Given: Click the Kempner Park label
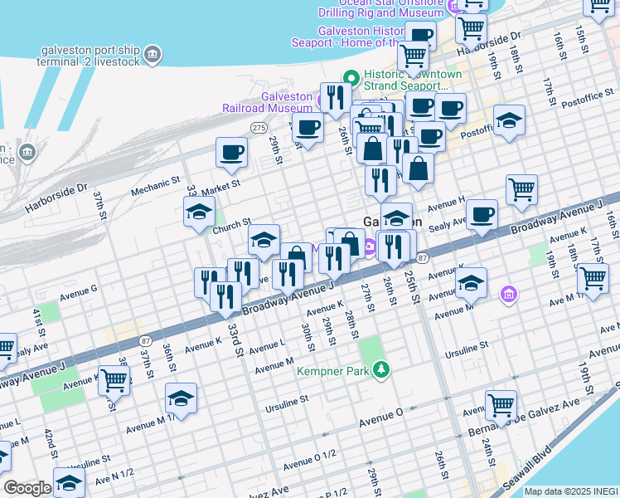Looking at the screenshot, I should (333, 371).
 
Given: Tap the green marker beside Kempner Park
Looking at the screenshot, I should (380, 369).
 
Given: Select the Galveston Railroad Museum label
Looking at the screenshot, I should (267, 101).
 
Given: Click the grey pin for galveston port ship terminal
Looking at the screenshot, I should (152, 56).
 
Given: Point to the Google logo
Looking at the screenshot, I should (27, 488).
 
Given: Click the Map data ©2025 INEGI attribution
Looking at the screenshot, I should (570, 491).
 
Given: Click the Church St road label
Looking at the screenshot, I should (231, 223).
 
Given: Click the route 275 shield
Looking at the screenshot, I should (259, 127).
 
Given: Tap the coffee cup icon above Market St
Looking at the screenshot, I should (231, 152).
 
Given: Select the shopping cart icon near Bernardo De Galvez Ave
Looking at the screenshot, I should (501, 405).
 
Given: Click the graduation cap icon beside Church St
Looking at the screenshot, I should (199, 212).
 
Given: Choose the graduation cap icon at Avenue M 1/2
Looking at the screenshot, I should (181, 399).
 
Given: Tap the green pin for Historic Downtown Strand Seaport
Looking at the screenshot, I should (351, 79).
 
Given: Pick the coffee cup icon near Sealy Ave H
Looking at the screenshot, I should (482, 215).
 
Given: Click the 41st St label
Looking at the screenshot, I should (38, 318).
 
